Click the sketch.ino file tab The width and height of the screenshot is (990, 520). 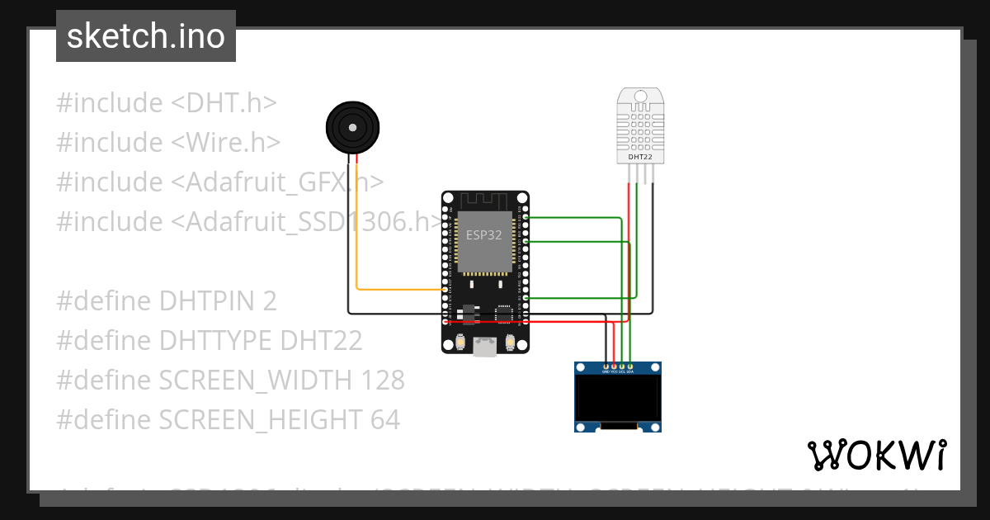(146, 36)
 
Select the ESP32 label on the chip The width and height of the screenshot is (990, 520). (484, 234)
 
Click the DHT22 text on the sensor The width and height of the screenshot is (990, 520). (640, 156)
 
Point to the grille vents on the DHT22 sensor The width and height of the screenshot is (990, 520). (640, 127)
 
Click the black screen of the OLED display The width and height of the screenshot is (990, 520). (618, 398)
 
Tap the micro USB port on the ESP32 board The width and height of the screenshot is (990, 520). (485, 347)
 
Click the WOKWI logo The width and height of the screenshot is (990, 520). (876, 455)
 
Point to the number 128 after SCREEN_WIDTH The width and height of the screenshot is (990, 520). (383, 381)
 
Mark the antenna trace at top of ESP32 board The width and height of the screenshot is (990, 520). (484, 201)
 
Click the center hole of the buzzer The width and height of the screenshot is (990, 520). (353, 128)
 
